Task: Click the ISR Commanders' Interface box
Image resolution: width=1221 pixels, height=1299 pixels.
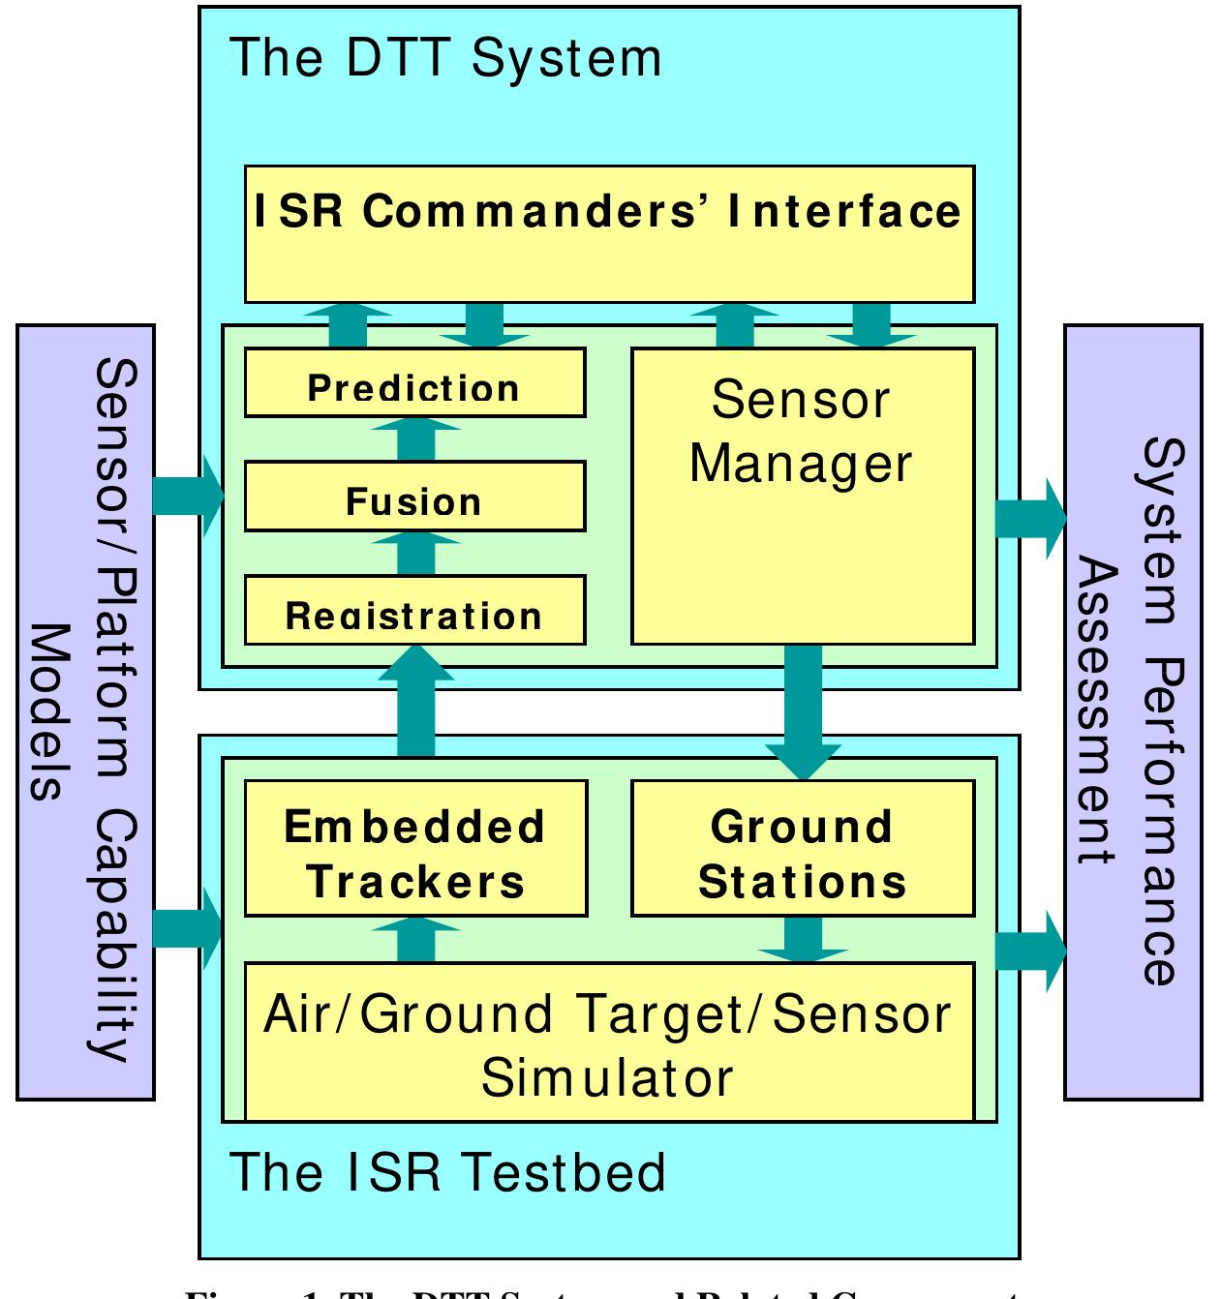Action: click(x=609, y=233)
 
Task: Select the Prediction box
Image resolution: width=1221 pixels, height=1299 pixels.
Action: click(x=414, y=383)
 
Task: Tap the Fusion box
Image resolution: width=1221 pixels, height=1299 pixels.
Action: click(x=414, y=497)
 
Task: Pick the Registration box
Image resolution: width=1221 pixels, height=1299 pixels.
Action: click(x=414, y=610)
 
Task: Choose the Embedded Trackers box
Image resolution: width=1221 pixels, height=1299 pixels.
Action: click(x=415, y=848)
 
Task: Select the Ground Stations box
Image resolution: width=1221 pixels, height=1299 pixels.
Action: click(x=802, y=848)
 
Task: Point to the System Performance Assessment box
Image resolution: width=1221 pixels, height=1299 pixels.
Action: click(x=1132, y=712)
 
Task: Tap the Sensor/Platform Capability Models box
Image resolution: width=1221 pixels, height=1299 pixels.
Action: click(x=85, y=712)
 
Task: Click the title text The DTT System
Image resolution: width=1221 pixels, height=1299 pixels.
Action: click(x=445, y=58)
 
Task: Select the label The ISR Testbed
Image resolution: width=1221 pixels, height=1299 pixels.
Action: click(x=447, y=1172)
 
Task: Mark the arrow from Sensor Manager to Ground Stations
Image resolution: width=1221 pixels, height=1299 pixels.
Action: click(x=803, y=711)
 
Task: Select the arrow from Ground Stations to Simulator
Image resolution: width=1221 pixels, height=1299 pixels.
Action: click(x=803, y=939)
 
